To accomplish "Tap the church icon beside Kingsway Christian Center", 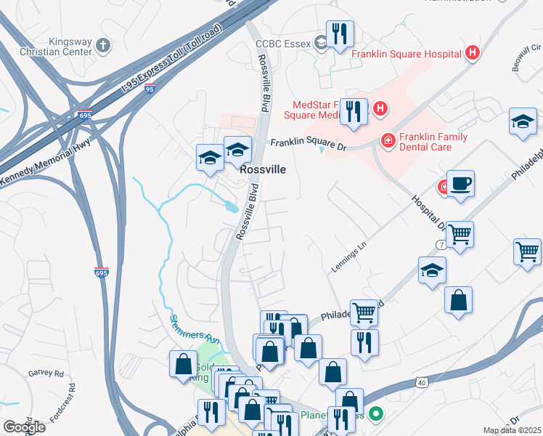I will (103, 45).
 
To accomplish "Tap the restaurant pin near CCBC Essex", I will (340, 33).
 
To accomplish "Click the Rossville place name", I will (263, 169).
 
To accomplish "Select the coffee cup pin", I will (460, 183).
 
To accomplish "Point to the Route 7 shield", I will (441, 245).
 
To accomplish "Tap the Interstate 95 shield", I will (149, 89).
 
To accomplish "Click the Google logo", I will (23, 427).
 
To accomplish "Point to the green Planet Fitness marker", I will (376, 416).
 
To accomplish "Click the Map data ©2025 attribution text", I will (512, 430).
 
